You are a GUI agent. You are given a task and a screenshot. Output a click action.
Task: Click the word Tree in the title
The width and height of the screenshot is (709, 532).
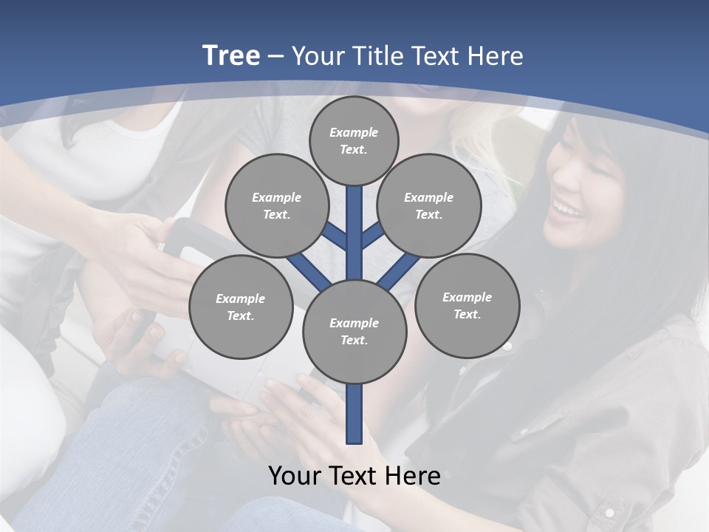pyautogui.click(x=231, y=55)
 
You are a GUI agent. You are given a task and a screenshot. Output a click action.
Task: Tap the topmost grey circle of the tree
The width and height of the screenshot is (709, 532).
pyautogui.click(x=354, y=140)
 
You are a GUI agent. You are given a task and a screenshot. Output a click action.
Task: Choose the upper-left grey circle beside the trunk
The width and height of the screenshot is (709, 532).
pyautogui.click(x=276, y=205)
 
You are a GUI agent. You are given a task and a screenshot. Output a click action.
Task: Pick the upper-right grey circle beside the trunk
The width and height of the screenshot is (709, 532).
pyautogui.click(x=429, y=205)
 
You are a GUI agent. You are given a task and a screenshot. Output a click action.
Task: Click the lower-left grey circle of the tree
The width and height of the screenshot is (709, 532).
pyautogui.click(x=241, y=307)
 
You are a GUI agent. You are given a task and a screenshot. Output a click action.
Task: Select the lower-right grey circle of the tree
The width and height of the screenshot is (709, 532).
pyautogui.click(x=467, y=305)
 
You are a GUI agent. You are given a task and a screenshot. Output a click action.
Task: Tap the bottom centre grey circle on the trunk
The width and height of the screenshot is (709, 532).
pyautogui.click(x=354, y=332)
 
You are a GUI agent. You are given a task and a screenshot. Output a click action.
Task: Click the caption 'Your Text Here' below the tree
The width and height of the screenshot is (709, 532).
pyautogui.click(x=354, y=476)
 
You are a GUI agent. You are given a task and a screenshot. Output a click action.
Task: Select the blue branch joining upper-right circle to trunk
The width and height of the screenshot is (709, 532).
pyautogui.click(x=372, y=235)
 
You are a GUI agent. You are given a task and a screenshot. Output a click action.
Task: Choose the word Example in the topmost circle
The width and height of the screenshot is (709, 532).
pyautogui.click(x=354, y=132)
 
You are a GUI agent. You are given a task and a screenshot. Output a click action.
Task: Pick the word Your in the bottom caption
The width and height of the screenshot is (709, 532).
pyautogui.click(x=295, y=476)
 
